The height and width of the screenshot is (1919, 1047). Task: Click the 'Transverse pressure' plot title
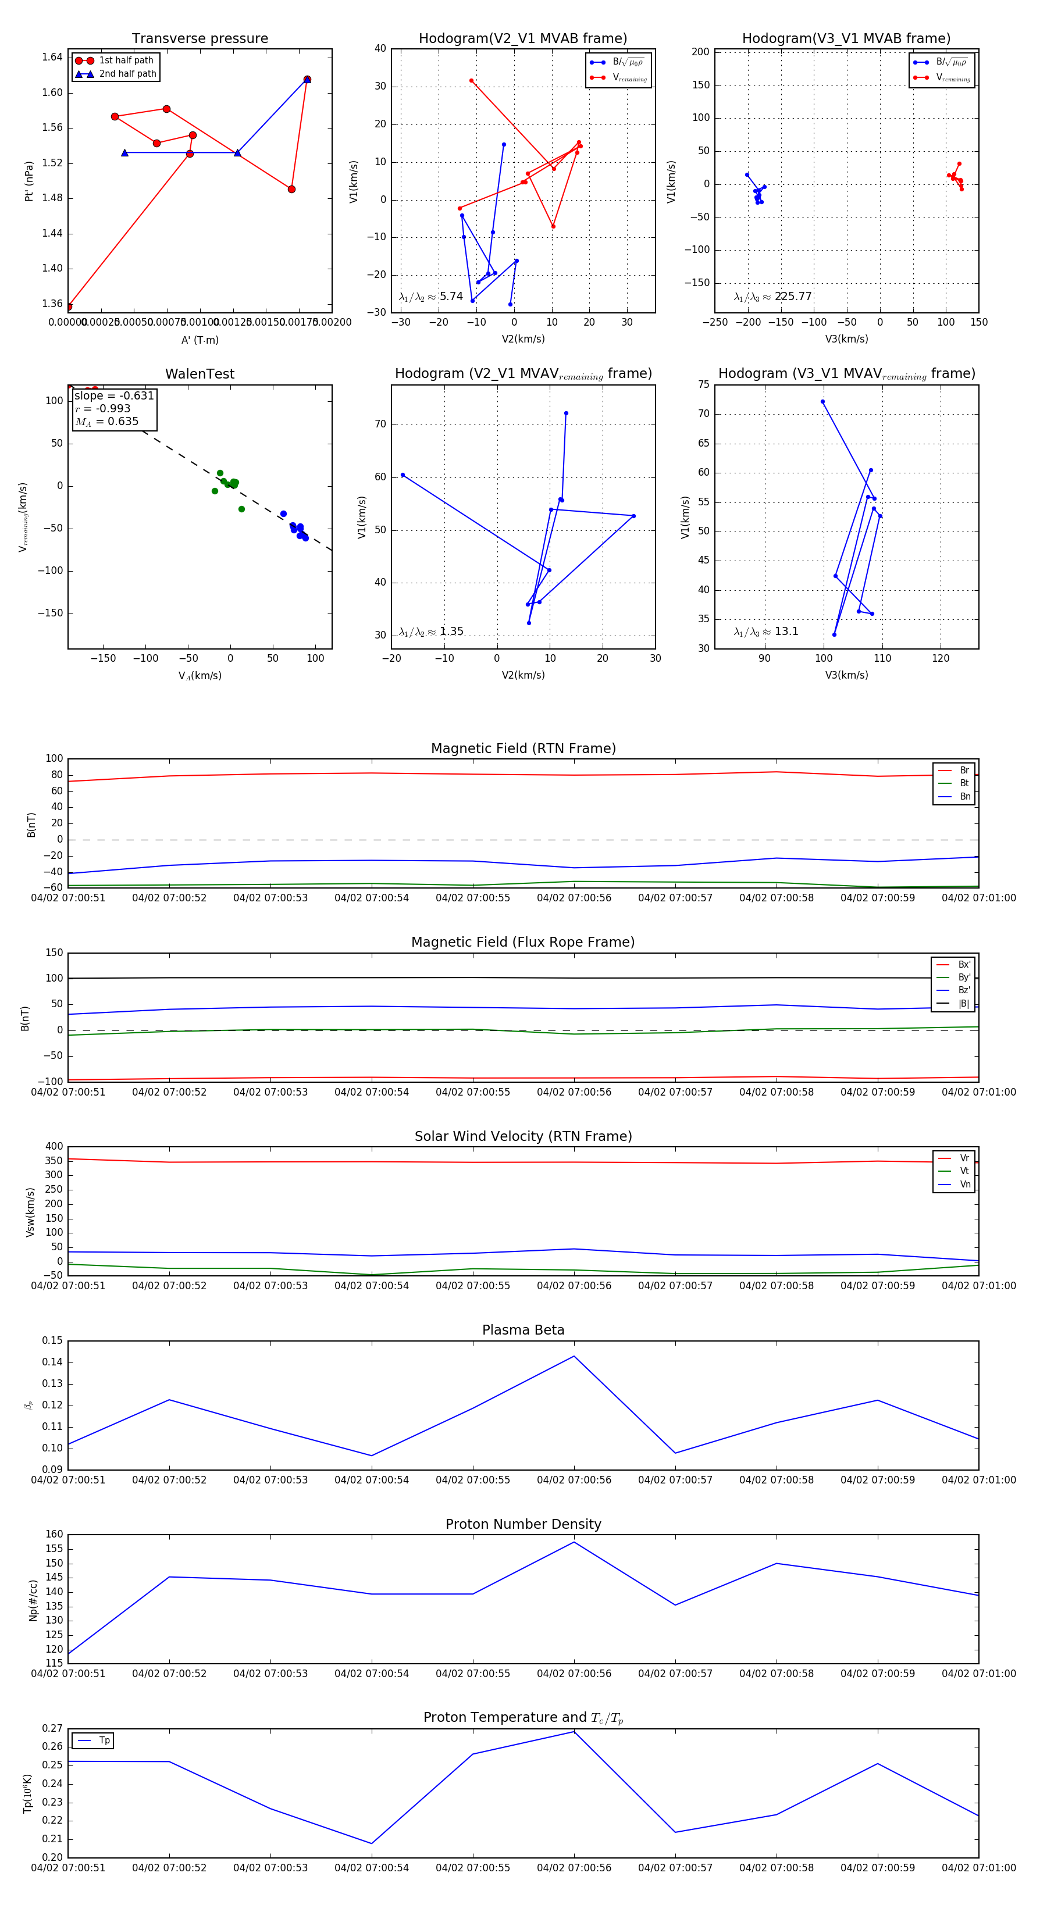coord(200,39)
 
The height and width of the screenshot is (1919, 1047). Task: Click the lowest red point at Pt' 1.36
coord(69,306)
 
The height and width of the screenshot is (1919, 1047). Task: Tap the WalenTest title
coord(200,374)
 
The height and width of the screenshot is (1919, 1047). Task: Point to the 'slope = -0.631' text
coord(114,395)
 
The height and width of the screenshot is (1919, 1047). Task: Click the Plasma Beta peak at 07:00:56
coord(574,1356)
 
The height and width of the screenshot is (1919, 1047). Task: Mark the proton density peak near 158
coord(574,1542)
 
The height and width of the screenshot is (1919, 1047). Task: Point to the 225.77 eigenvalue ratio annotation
coord(773,297)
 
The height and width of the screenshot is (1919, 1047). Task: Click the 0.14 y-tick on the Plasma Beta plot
coord(52,1362)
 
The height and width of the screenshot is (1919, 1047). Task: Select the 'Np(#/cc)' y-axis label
coord(33,1599)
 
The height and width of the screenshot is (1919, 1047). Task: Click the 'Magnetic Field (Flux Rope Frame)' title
coord(523,943)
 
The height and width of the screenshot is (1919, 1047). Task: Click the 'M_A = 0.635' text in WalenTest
coord(106,422)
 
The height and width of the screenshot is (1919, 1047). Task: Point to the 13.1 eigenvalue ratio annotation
coord(766,632)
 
